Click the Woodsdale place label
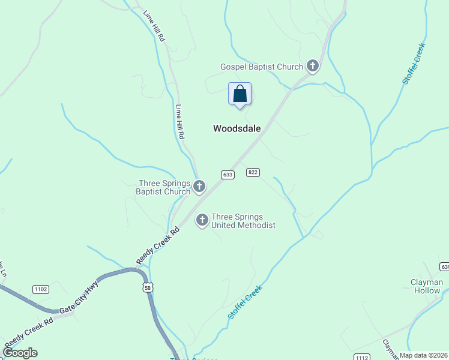point(237,128)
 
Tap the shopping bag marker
point(240,94)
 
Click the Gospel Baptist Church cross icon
point(313,65)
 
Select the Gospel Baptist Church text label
point(262,67)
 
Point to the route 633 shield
point(227,175)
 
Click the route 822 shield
point(253,172)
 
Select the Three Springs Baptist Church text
point(164,188)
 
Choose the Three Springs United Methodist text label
point(243,221)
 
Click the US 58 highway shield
point(148,288)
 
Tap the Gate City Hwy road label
point(78,298)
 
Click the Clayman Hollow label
point(426,286)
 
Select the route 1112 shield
point(361,356)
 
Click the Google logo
point(20,353)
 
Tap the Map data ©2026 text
point(423,355)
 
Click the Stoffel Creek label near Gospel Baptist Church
point(414,64)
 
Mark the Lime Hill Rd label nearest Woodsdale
point(179,122)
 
